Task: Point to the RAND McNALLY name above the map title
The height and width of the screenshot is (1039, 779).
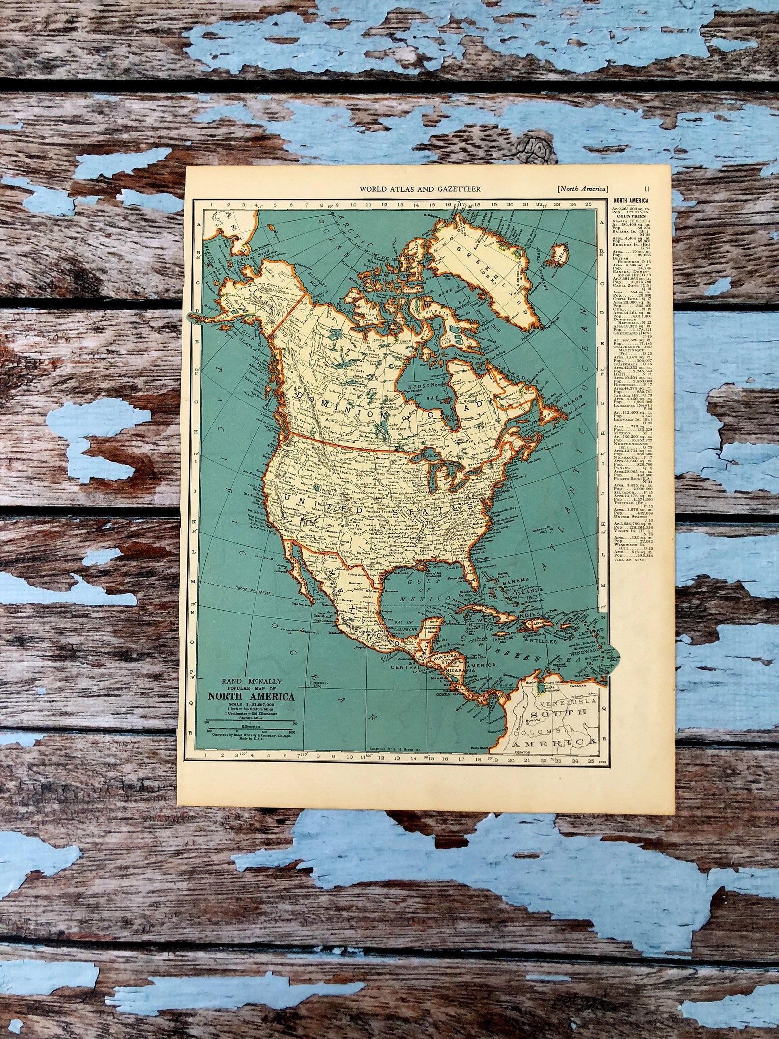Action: point(251,682)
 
